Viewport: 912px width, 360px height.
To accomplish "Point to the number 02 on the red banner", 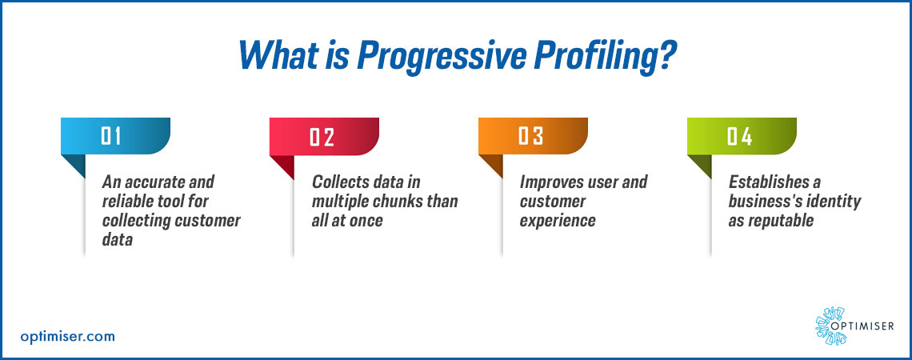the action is tap(322, 137).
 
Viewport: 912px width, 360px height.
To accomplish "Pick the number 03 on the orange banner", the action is tap(531, 136).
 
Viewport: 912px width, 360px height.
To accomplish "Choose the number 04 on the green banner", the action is tap(740, 136).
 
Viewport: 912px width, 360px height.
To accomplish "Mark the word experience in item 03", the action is tap(558, 222).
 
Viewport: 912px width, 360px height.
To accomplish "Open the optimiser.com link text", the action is tap(67, 336).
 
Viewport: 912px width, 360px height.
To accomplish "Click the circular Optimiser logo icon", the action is tap(830, 326).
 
